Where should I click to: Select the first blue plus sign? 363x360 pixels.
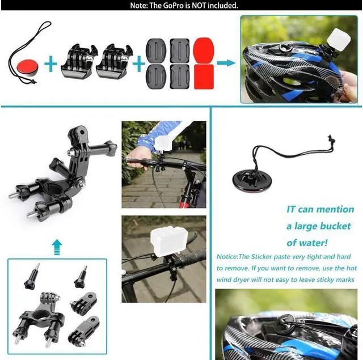click(52, 63)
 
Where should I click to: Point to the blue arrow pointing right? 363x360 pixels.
click(226, 62)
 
